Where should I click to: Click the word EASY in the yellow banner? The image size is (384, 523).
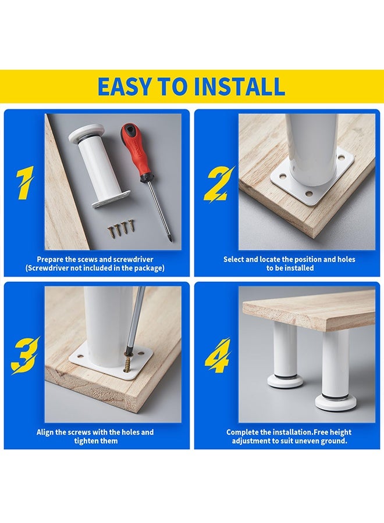(124, 87)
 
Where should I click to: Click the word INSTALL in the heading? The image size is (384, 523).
(239, 87)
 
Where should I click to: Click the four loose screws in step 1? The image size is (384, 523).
(120, 228)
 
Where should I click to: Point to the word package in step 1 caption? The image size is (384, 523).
(148, 268)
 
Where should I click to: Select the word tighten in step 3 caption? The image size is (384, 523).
(86, 441)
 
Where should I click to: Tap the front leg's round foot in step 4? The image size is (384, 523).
(336, 402)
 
